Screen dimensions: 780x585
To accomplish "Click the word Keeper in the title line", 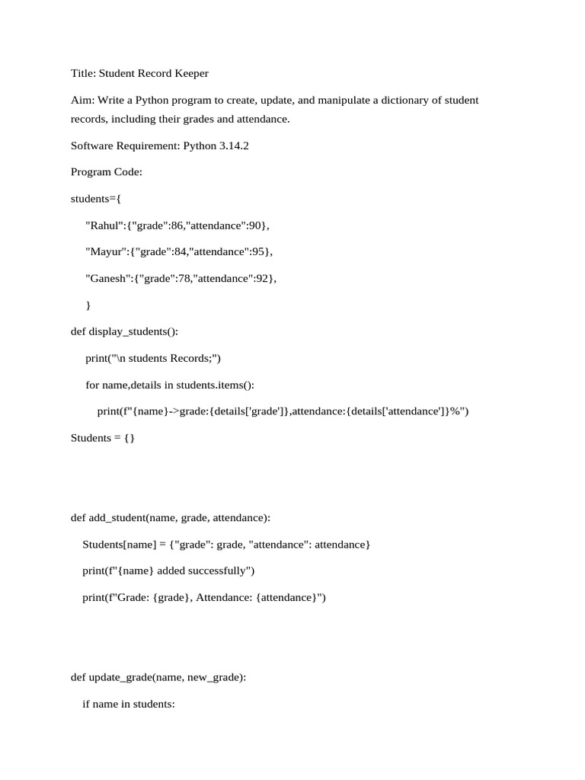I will (x=189, y=74).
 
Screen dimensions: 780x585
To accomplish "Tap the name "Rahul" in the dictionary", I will (x=103, y=225).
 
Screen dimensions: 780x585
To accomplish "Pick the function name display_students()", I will (x=133, y=332).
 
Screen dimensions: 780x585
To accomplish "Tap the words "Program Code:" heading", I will (x=107, y=173).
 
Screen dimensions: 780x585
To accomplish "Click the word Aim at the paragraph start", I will (x=82, y=101).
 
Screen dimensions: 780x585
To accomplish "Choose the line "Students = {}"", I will (x=102, y=439).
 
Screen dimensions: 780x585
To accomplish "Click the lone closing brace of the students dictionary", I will (x=88, y=305).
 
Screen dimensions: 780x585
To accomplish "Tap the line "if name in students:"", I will (x=129, y=705).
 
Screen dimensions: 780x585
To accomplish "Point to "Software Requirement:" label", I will (x=125, y=146).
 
